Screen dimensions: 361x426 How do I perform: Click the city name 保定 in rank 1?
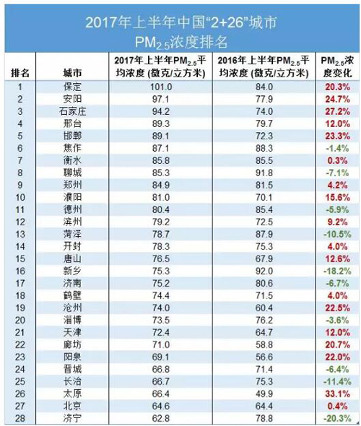pos(72,87)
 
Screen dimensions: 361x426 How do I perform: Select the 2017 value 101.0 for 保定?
pos(161,87)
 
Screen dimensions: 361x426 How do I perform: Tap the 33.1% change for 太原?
pos(338,394)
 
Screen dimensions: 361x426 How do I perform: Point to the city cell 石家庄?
pos(72,111)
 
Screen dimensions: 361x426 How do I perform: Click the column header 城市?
pos(72,73)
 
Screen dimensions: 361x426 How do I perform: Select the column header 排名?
pos(20,73)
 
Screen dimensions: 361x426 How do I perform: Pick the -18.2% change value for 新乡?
pos(337,271)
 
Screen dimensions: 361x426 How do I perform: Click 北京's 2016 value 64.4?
pos(264,407)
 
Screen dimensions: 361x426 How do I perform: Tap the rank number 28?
pos(20,418)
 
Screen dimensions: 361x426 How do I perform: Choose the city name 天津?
pos(72,333)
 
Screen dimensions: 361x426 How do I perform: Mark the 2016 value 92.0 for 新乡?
pos(264,271)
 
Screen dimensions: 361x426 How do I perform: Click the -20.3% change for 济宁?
pos(337,418)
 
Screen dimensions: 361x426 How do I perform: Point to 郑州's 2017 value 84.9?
pos(161,186)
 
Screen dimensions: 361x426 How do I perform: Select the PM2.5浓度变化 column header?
pos(337,67)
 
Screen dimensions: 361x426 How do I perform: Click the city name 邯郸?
pos(72,136)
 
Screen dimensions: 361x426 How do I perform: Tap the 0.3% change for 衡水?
pos(337,160)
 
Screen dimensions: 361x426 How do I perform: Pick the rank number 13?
pos(20,234)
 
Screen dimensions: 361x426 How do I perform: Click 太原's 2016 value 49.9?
pos(264,394)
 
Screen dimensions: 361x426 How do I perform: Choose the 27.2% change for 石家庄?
pos(338,111)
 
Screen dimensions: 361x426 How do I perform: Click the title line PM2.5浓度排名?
pos(181,43)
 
